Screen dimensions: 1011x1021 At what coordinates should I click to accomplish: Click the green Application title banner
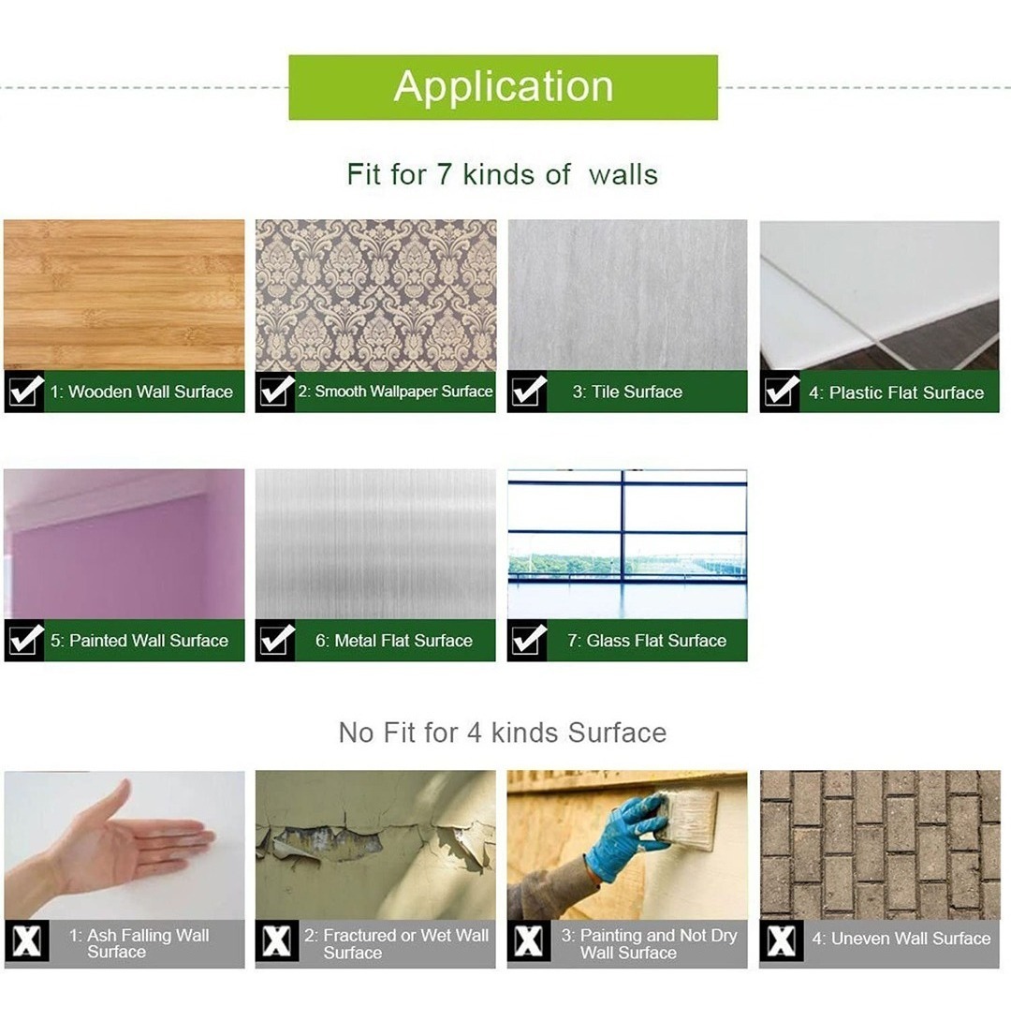503,87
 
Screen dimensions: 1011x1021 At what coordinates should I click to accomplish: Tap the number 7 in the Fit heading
444,174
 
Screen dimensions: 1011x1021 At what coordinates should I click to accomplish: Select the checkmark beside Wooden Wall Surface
24,392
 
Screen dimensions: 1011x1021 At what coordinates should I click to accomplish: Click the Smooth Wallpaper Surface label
396,392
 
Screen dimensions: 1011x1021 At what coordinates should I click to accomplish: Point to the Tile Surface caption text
628,392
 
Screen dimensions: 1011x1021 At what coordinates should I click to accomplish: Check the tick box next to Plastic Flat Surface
780,392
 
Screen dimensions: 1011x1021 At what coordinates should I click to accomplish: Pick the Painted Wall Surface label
139,641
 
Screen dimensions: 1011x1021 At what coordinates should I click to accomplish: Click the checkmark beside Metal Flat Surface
276,641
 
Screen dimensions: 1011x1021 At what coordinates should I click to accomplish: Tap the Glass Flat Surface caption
647,641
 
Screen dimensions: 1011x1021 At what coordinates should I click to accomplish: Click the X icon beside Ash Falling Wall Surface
26,941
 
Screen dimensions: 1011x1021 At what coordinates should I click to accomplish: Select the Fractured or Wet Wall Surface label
396,944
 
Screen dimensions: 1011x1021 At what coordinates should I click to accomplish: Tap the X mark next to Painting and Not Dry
529,941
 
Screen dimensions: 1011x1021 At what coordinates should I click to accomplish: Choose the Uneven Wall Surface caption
901,939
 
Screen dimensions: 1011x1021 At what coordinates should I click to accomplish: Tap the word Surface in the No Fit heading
618,733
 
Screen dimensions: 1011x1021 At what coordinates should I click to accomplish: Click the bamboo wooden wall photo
125,295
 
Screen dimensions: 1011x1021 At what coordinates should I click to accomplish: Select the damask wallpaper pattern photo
375,295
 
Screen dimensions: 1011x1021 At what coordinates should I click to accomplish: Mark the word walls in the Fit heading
623,174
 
